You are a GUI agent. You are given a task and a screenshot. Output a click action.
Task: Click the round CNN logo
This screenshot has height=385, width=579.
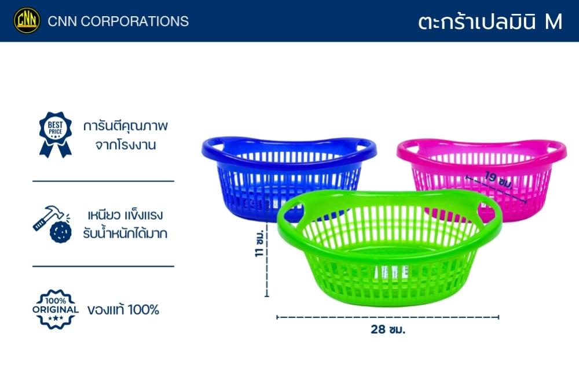[27, 21]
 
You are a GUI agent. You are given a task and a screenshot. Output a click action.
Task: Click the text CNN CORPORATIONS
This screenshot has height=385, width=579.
[118, 21]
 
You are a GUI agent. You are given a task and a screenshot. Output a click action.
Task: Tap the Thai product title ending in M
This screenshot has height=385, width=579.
[490, 21]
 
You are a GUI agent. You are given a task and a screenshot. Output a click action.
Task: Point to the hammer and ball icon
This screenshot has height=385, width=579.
[52, 224]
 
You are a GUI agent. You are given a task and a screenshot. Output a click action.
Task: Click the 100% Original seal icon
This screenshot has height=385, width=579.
[56, 309]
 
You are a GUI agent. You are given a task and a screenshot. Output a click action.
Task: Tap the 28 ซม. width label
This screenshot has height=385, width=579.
[388, 329]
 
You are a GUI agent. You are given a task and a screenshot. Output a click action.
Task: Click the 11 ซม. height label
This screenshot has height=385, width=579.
[259, 243]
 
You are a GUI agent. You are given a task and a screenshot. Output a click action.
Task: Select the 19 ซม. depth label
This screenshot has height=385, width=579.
[499, 179]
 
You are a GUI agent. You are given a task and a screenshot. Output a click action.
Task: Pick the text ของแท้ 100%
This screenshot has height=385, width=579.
[123, 310]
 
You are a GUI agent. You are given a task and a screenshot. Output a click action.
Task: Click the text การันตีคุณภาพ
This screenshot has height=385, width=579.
[126, 126]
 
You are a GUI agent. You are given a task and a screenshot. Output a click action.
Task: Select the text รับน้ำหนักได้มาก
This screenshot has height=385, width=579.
[125, 233]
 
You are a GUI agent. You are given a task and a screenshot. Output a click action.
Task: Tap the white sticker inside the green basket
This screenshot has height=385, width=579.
[391, 273]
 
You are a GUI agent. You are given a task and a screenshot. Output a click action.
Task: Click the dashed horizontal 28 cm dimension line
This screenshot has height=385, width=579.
[388, 317]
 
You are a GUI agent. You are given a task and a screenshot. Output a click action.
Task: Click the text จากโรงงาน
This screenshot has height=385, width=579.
[126, 145]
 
